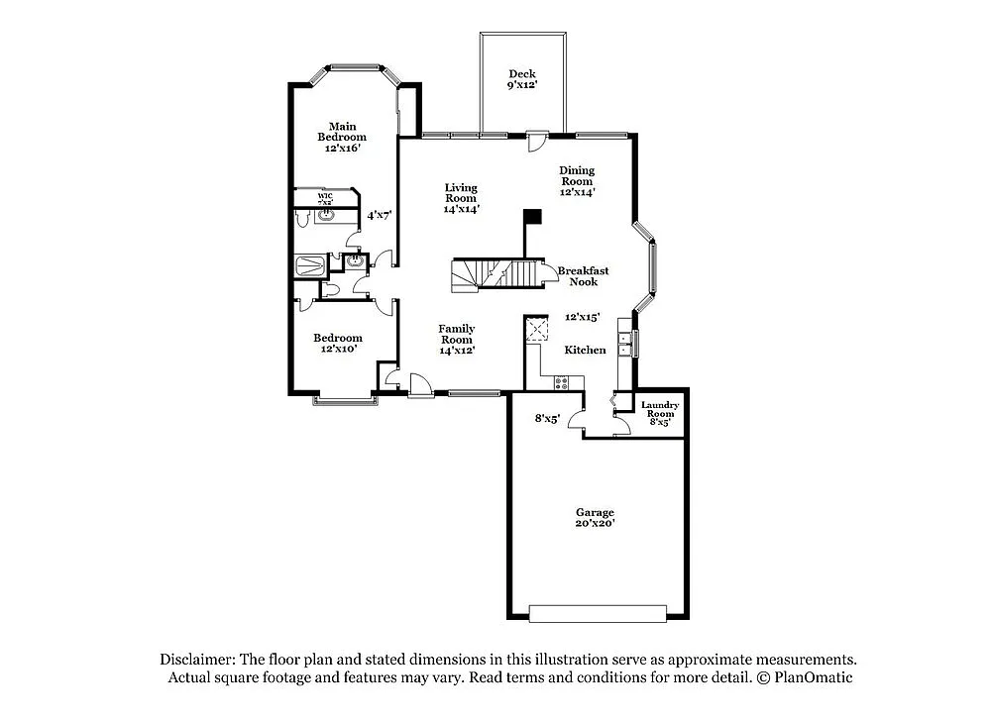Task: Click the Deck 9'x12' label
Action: point(522,79)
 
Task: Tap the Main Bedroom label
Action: point(342,137)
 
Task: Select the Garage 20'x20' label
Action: point(596,518)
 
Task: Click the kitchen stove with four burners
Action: point(562,382)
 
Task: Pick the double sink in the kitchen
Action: point(624,344)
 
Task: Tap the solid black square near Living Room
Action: point(533,216)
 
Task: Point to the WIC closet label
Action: point(325,198)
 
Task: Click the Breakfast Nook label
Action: point(583,276)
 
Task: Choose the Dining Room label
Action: point(577,181)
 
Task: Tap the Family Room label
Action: point(457,339)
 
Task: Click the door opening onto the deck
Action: point(536,141)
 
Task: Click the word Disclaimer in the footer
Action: point(196,660)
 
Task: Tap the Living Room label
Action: point(461,198)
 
